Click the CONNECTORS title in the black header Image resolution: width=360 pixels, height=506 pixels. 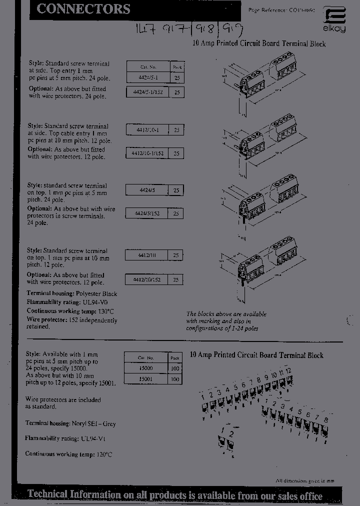coord(83,9)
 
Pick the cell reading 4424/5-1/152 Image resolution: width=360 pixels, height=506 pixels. coord(148,92)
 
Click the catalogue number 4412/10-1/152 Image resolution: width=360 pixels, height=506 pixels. coord(147,153)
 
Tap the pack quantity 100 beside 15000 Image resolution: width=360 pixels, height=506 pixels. coord(175,368)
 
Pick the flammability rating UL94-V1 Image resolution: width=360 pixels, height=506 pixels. coord(93,438)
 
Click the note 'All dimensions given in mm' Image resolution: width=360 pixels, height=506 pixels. coord(305,480)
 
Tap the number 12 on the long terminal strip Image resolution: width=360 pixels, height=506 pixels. coord(288,370)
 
